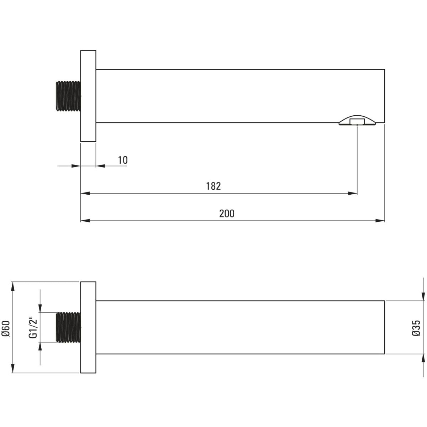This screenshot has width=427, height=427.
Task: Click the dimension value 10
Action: [123, 160]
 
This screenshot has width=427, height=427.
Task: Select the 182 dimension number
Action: [213, 186]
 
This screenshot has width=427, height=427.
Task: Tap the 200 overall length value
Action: [227, 213]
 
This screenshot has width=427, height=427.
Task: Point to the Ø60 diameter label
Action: [6, 329]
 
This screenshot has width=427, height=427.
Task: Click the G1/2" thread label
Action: [33, 329]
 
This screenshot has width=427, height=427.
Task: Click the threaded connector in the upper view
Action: [68, 96]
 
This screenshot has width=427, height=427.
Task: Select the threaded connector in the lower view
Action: [68, 327]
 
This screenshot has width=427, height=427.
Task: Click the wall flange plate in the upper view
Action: [88, 96]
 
